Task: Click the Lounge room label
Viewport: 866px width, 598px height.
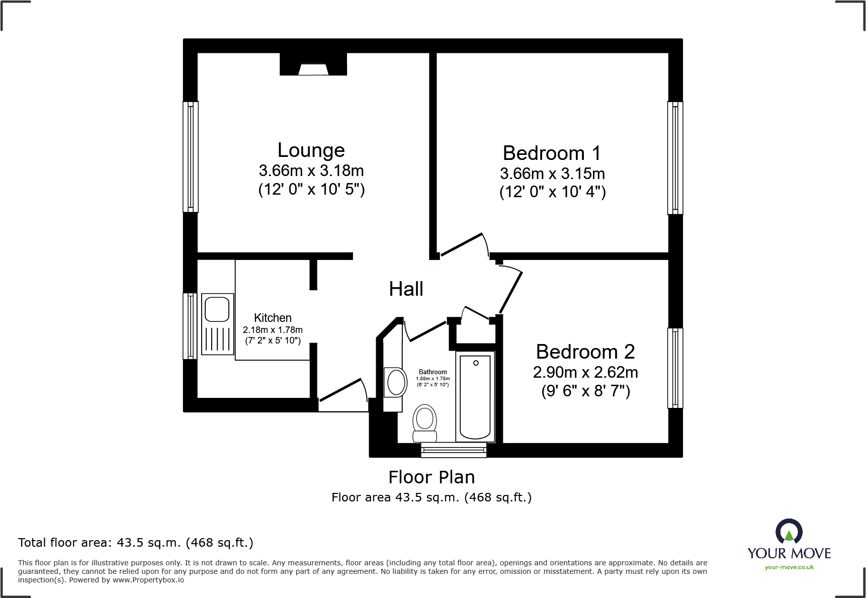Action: tap(311, 150)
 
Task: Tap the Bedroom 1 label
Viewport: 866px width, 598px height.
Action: tap(552, 153)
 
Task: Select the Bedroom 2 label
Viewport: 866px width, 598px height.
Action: tap(585, 352)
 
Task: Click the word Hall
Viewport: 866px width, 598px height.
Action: tap(406, 289)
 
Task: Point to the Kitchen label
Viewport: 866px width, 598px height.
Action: tap(273, 318)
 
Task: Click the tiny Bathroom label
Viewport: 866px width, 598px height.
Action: tap(432, 372)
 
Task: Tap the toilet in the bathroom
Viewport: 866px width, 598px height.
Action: tap(424, 422)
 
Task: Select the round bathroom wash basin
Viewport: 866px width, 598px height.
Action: tap(396, 383)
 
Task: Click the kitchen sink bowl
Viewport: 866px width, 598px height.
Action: tap(217, 308)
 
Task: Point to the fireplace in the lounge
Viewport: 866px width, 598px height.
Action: tap(313, 66)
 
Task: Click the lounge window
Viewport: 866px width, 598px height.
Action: tap(190, 156)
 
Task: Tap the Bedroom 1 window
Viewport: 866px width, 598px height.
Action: tap(675, 157)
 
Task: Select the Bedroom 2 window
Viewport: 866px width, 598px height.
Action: tap(675, 368)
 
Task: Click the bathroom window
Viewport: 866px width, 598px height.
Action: tap(453, 450)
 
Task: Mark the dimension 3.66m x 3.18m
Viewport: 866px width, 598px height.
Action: tap(311, 171)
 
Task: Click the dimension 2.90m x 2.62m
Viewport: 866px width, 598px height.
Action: tap(585, 373)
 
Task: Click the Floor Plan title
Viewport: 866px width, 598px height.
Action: tap(431, 477)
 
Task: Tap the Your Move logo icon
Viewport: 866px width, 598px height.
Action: tap(789, 531)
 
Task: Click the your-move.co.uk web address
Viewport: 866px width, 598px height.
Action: tap(789, 567)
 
